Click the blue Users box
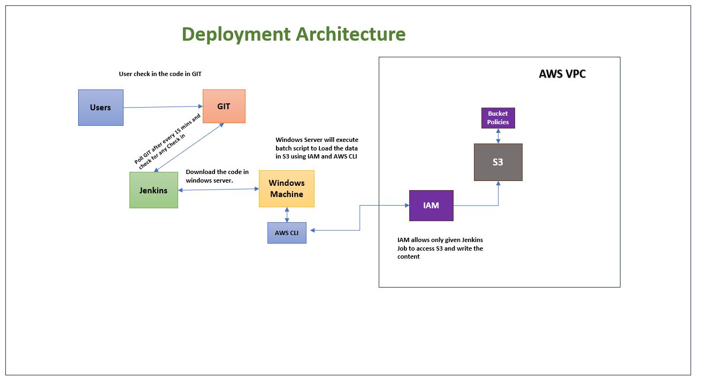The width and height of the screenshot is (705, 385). tap(101, 108)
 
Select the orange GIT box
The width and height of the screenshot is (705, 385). tap(224, 107)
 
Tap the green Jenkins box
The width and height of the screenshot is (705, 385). tap(154, 190)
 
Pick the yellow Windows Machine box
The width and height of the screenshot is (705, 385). tap(286, 188)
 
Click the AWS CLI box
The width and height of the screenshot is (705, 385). tap(287, 233)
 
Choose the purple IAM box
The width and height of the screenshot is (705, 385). tap(431, 205)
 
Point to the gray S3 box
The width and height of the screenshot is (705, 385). tap(498, 162)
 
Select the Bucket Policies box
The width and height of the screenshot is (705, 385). tap(497, 118)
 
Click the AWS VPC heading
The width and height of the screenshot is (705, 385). tap(562, 74)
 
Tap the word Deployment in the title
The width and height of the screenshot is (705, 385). tap(235, 34)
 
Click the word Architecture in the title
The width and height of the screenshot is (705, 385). tap(350, 34)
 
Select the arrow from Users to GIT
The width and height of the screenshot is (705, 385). tap(163, 107)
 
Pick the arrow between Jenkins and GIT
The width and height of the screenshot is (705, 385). tap(188, 148)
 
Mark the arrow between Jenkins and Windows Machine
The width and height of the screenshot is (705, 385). tap(218, 190)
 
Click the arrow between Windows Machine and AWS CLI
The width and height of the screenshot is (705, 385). tap(287, 215)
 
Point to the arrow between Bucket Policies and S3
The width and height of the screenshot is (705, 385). tap(498, 136)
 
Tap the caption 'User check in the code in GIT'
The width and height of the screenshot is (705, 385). tap(160, 74)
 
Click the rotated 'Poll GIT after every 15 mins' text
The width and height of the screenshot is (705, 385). tap(167, 140)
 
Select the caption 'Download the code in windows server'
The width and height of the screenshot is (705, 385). tap(217, 176)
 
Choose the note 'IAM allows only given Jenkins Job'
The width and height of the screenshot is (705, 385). tap(440, 248)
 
